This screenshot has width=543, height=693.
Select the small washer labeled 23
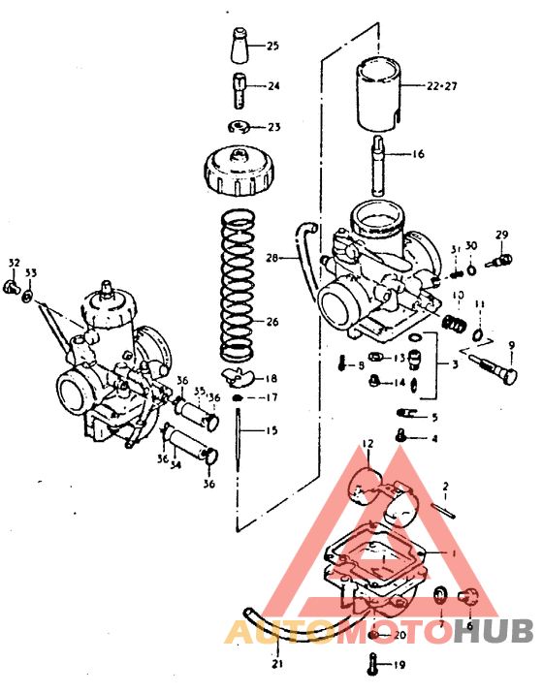click(x=239, y=127)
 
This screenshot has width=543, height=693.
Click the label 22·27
click(x=441, y=85)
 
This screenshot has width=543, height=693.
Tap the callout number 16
click(x=418, y=153)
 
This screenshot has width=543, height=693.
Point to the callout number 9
click(x=511, y=346)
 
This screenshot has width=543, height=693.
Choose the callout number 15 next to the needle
click(x=271, y=429)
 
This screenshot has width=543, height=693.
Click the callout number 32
click(x=14, y=263)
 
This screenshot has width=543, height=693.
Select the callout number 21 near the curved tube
click(x=278, y=663)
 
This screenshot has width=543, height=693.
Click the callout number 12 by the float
click(x=367, y=444)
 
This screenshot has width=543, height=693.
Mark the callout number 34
click(x=175, y=464)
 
